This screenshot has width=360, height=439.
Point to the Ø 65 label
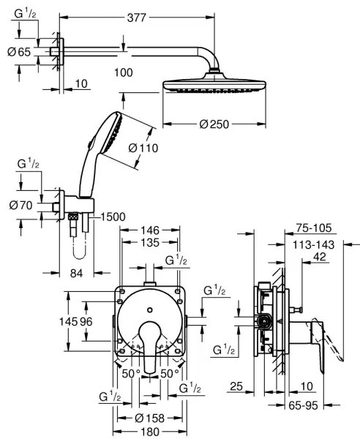click(x=20, y=52)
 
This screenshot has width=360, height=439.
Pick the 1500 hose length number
click(x=110, y=218)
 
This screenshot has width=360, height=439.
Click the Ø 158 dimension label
click(x=149, y=419)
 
